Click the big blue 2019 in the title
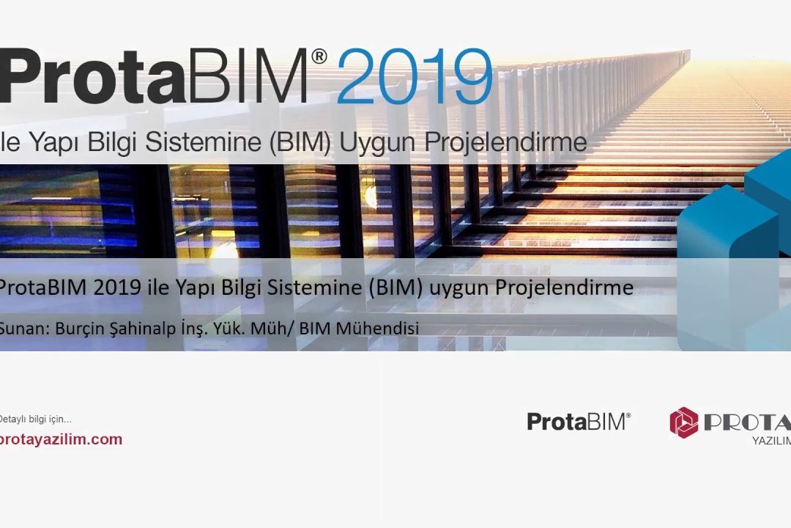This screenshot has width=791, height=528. pyautogui.click(x=414, y=77)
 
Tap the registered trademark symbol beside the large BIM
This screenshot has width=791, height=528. pyautogui.click(x=319, y=56)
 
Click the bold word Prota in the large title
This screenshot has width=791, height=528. pyautogui.click(x=93, y=76)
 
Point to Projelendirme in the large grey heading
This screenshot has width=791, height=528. pyautogui.click(x=506, y=142)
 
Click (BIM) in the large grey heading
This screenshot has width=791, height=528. pyautogui.click(x=300, y=142)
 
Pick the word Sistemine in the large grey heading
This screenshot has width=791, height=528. pyautogui.click(x=204, y=142)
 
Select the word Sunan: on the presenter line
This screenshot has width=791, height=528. pyautogui.click(x=24, y=329)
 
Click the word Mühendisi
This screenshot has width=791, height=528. pyautogui.click(x=377, y=329)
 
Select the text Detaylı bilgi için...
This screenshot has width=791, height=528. pyautogui.click(x=35, y=419)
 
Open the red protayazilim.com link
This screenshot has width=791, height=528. pyautogui.click(x=61, y=439)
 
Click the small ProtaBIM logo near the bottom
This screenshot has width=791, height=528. pyautogui.click(x=579, y=422)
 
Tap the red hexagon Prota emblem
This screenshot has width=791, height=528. pyautogui.click(x=683, y=422)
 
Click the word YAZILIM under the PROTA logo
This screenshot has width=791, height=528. pyautogui.click(x=771, y=441)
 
